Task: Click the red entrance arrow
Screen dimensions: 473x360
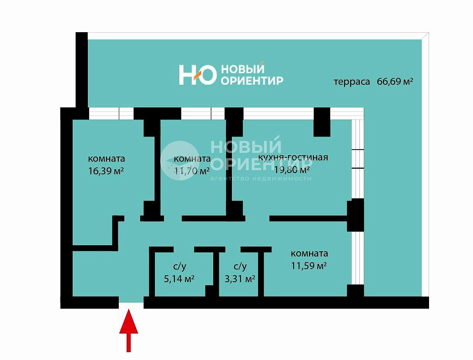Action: point(128,330)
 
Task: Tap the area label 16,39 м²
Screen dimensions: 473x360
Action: point(106,171)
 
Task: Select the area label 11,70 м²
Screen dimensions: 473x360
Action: point(192,171)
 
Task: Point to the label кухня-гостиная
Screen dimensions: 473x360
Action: point(293,157)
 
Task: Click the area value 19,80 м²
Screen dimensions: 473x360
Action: point(292,170)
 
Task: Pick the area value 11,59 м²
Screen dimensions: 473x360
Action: point(309,266)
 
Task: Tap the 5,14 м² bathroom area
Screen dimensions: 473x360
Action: point(179,279)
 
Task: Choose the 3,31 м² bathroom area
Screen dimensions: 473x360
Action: point(240,279)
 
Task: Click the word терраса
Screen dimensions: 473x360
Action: point(352,82)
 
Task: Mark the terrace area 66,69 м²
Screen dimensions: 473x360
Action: point(395,81)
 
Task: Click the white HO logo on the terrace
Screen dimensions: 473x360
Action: point(198,75)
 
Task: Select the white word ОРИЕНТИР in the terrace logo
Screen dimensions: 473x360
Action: point(252,80)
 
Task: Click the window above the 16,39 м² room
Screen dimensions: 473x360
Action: point(111,113)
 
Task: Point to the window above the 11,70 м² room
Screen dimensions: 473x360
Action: point(203,113)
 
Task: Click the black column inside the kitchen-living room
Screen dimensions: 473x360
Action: point(322,122)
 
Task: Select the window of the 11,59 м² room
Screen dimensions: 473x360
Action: point(358,258)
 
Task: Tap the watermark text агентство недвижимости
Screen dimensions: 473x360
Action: point(261,179)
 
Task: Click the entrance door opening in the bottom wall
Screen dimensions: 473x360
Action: point(131,303)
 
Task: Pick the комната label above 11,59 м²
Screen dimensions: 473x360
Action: point(309,253)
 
